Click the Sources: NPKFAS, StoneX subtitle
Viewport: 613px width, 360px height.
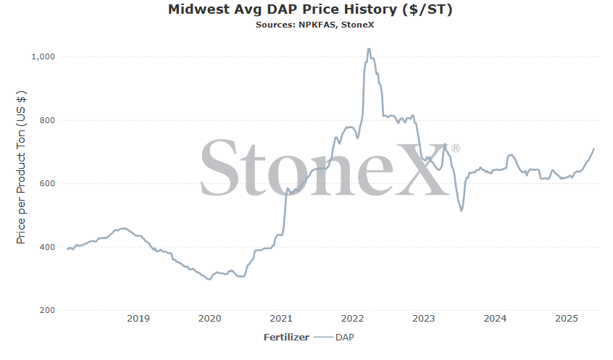click(x=314, y=25)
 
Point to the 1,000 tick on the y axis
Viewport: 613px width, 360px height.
click(x=43, y=56)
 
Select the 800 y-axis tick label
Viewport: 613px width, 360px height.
click(x=47, y=120)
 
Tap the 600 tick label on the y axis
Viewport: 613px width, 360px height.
click(x=47, y=183)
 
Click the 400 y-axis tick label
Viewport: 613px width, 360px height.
click(x=47, y=247)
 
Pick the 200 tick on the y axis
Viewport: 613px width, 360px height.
click(x=47, y=310)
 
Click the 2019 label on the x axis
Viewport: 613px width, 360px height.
click(x=138, y=319)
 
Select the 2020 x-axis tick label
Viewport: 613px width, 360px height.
click(x=209, y=319)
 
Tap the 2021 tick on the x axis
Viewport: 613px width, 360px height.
click(x=281, y=319)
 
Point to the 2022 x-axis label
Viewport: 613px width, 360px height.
click(x=353, y=319)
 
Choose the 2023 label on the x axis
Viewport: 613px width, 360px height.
click(x=424, y=319)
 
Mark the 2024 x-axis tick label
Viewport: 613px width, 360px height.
click(x=495, y=319)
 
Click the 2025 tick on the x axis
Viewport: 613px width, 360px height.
click(x=567, y=319)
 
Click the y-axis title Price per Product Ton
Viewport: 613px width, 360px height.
click(x=21, y=167)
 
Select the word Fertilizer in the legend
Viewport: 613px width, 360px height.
click(x=286, y=337)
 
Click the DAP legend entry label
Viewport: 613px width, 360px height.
click(x=344, y=337)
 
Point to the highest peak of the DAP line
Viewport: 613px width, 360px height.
click(x=369, y=49)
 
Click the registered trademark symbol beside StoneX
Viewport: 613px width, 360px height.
click(x=456, y=148)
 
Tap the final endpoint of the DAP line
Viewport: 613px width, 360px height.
click(x=594, y=148)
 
